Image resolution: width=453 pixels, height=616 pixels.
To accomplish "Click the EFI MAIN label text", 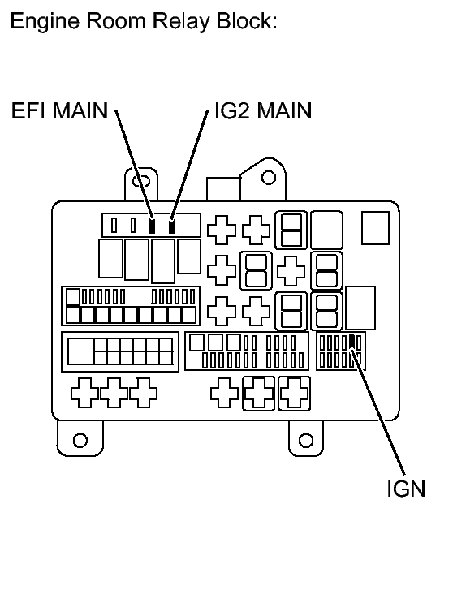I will click(58, 111).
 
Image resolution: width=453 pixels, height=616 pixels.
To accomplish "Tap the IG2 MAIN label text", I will click(261, 111).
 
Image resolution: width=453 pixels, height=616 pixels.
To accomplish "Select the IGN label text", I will click(405, 491).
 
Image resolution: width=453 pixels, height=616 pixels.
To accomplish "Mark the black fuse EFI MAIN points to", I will click(151, 226).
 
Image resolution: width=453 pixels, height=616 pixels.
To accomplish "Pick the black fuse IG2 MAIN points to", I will click(171, 226).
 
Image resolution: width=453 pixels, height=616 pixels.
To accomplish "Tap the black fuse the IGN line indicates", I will click(351, 342).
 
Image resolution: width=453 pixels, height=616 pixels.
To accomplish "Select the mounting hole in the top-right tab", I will click(269, 176).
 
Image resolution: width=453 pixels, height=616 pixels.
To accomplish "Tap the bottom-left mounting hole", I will click(80, 441).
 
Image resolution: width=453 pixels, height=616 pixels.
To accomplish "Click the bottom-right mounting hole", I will click(306, 441).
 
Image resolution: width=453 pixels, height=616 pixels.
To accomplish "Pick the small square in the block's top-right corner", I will click(376, 228).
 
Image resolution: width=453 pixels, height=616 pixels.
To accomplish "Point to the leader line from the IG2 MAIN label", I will click(188, 162).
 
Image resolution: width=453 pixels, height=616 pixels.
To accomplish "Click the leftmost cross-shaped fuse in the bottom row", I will click(85, 393).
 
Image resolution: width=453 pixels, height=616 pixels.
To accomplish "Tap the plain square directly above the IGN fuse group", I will click(360, 307).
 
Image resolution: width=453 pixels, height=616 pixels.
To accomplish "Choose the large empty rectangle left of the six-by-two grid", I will click(80, 351).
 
